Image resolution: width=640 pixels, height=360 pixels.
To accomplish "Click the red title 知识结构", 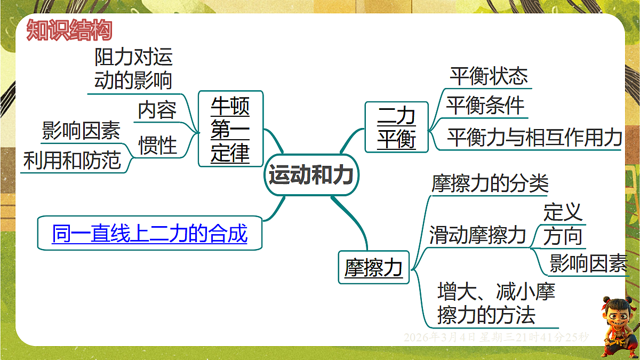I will [69, 30].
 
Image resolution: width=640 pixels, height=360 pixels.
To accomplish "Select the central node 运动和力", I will [311, 174].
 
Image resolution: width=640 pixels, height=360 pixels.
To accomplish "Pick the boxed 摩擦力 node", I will [373, 267].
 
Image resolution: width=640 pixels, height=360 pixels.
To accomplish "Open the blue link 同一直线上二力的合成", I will [150, 233].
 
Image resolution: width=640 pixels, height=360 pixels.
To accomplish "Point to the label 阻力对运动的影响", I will [133, 69].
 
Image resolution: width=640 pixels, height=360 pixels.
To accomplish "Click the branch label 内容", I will [157, 110].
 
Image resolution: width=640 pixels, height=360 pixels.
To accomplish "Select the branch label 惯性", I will [157, 145].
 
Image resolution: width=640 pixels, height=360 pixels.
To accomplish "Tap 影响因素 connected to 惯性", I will [81, 130].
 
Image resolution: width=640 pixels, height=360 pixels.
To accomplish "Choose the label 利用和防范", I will [72, 160].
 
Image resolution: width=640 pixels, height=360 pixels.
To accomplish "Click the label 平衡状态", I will [489, 76].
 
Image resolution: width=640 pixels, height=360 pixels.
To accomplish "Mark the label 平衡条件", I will [485, 106].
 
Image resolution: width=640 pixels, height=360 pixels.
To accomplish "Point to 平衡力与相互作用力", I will [534, 137].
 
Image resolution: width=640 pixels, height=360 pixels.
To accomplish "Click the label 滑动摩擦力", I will [477, 235].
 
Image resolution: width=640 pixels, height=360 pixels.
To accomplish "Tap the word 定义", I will [563, 212].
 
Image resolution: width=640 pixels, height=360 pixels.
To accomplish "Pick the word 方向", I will [563, 236].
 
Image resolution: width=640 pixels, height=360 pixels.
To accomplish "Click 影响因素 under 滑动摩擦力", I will [588, 263].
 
